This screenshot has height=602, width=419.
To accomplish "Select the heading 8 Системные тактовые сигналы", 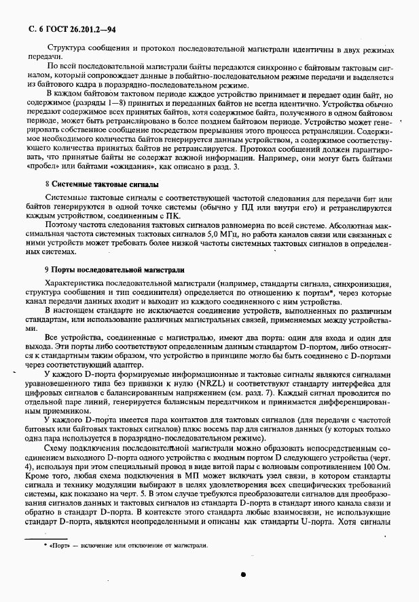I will [101, 184].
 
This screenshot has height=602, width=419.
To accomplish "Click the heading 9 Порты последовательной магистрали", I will [117, 269].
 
